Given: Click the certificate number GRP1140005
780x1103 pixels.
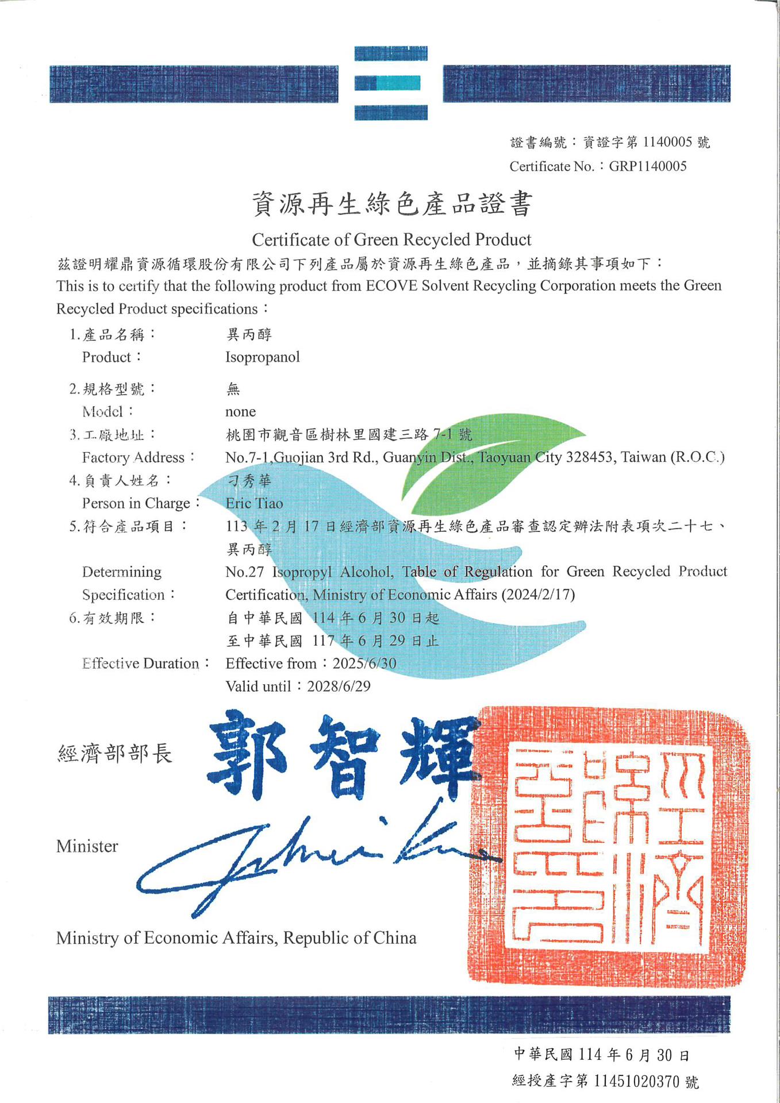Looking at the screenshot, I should tap(648, 167).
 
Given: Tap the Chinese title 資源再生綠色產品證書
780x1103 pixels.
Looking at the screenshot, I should tap(392, 205).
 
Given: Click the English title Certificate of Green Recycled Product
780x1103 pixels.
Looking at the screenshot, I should tap(391, 240).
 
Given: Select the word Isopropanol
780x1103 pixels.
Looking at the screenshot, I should tap(263, 357).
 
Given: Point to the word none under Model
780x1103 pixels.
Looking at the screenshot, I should tap(240, 412).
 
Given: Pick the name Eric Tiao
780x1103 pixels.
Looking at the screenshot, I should tap(255, 504).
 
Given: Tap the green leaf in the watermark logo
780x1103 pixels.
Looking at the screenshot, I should tap(489, 465).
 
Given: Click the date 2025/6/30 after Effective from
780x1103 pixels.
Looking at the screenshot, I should tap(364, 664).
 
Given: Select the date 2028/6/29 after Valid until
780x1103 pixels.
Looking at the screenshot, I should tap(339, 687).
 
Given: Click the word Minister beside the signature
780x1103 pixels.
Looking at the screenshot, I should tap(87, 846).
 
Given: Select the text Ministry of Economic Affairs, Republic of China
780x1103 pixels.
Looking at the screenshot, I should tap(236, 938).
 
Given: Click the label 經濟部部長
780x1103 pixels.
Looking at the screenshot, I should tap(115, 754).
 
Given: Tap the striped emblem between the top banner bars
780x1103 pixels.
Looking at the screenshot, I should tap(391, 83).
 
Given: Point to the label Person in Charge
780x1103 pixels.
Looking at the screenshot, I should tap(136, 504).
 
